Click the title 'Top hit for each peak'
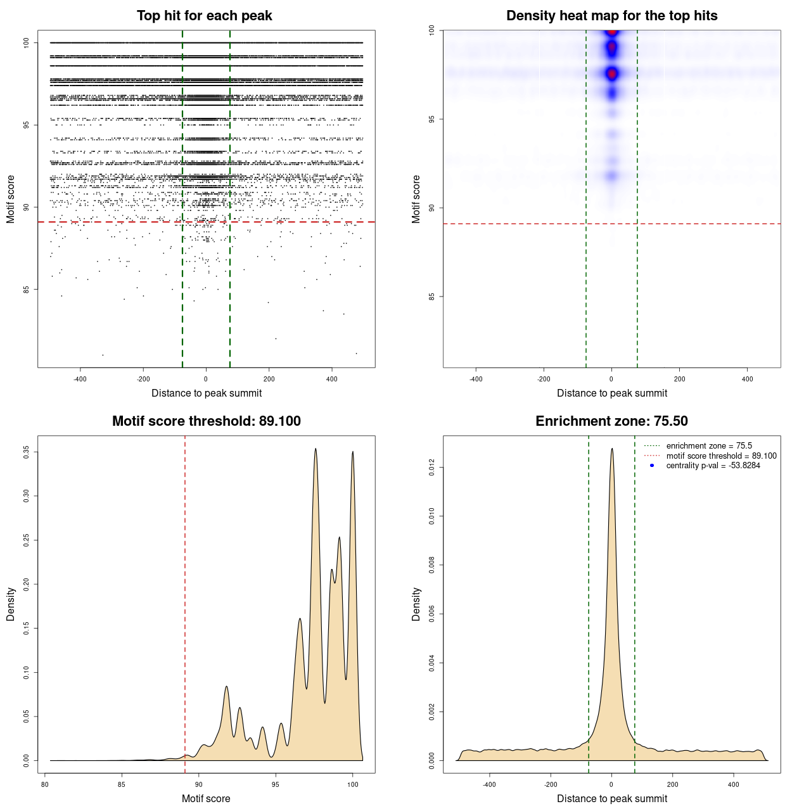point(204,16)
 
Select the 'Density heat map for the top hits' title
point(611,16)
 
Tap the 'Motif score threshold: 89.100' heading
point(206,421)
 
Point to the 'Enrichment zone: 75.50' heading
point(611,421)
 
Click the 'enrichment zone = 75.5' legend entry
point(709,446)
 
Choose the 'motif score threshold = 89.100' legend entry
point(721,456)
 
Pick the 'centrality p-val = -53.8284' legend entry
point(713,466)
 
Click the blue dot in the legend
point(652,466)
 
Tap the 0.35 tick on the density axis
point(27,452)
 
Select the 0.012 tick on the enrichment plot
point(432,468)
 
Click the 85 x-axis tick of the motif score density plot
point(122,784)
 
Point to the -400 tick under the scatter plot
point(80,379)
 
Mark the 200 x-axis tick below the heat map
point(680,379)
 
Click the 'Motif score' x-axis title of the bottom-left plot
point(206,798)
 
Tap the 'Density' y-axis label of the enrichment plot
point(416,604)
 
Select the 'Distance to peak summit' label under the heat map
point(611,393)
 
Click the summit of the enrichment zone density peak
point(611,449)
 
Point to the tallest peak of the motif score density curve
point(316,449)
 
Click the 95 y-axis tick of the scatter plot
point(27,125)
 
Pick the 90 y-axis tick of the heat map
point(432,208)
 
